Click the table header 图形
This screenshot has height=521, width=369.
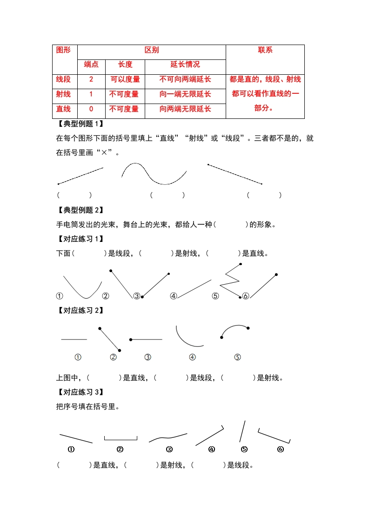[x=63, y=50]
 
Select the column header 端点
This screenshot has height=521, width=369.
[x=91, y=65]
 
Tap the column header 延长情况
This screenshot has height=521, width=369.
[x=185, y=65]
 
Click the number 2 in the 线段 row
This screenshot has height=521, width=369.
[x=91, y=79]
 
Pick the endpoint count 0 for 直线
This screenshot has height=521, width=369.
[x=91, y=109]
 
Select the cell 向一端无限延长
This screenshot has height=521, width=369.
[x=185, y=94]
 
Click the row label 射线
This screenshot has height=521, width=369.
[x=63, y=94]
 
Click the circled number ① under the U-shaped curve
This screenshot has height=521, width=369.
[x=60, y=296]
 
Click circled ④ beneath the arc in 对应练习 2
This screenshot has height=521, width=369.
[x=192, y=357]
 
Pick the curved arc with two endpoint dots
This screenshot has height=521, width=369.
[x=234, y=329]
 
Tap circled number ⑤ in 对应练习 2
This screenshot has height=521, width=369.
[x=237, y=357]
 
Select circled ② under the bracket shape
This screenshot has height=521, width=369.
[x=120, y=449]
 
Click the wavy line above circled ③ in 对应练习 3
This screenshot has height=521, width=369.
[x=168, y=437]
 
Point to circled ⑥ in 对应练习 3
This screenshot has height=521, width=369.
[x=280, y=449]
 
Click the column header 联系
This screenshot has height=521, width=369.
[x=265, y=50]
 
